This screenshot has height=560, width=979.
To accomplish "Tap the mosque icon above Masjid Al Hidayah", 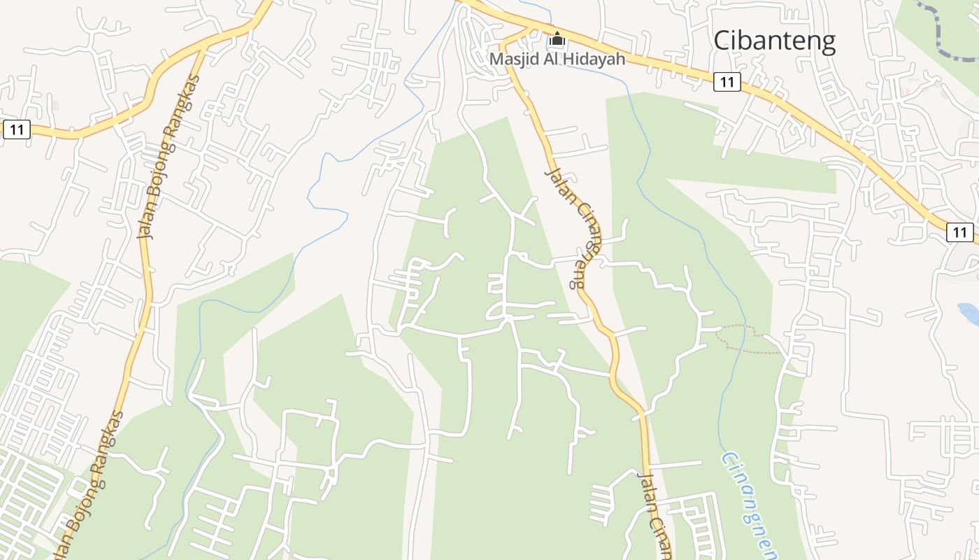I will [x=557, y=38].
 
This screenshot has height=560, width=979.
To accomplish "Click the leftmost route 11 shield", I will [x=17, y=129].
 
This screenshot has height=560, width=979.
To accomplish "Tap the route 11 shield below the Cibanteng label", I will [x=727, y=82].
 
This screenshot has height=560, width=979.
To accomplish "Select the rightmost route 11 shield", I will [x=960, y=232].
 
